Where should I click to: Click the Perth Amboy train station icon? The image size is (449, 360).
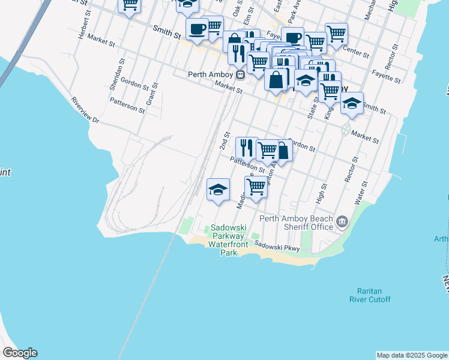(240, 75)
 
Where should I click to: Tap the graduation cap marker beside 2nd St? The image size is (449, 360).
(218, 190)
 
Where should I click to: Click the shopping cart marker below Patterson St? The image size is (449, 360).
(256, 187)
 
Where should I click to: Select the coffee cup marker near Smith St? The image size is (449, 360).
(197, 28)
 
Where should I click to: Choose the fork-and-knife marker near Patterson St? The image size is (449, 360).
(246, 146)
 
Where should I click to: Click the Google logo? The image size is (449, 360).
(20, 353)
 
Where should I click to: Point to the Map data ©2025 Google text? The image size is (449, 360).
(412, 355)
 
